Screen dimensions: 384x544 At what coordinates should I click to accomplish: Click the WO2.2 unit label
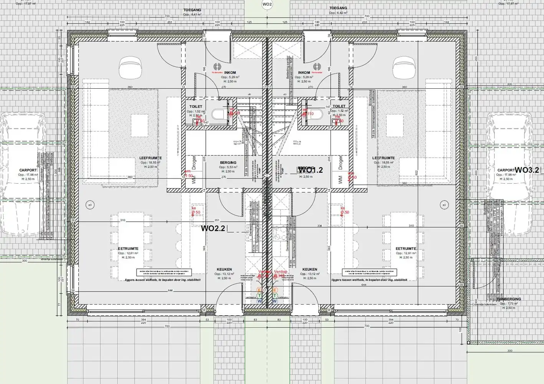click(x=213, y=228)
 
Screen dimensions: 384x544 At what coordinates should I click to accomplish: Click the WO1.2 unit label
click(x=310, y=170)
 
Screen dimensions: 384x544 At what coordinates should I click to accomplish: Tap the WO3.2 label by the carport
click(x=527, y=170)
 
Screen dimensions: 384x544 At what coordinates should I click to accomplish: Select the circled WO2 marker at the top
click(x=267, y=5)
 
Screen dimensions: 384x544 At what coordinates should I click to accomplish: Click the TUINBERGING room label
click(x=509, y=299)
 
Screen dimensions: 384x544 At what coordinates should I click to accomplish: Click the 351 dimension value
click(x=217, y=220)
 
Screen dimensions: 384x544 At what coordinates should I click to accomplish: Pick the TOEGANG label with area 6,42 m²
click(x=338, y=8)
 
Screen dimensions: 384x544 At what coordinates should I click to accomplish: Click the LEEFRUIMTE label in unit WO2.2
click(x=150, y=158)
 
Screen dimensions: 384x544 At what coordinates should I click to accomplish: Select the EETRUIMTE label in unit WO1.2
click(x=406, y=249)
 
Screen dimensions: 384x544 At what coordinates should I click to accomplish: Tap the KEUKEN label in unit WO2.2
click(x=224, y=270)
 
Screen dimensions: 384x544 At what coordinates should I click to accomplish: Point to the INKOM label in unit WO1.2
click(x=304, y=73)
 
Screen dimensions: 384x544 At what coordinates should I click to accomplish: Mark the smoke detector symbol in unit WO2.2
click(x=217, y=66)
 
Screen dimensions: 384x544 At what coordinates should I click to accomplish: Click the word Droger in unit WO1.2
click(x=340, y=163)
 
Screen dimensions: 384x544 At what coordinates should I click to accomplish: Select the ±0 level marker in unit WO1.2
click(x=444, y=205)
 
